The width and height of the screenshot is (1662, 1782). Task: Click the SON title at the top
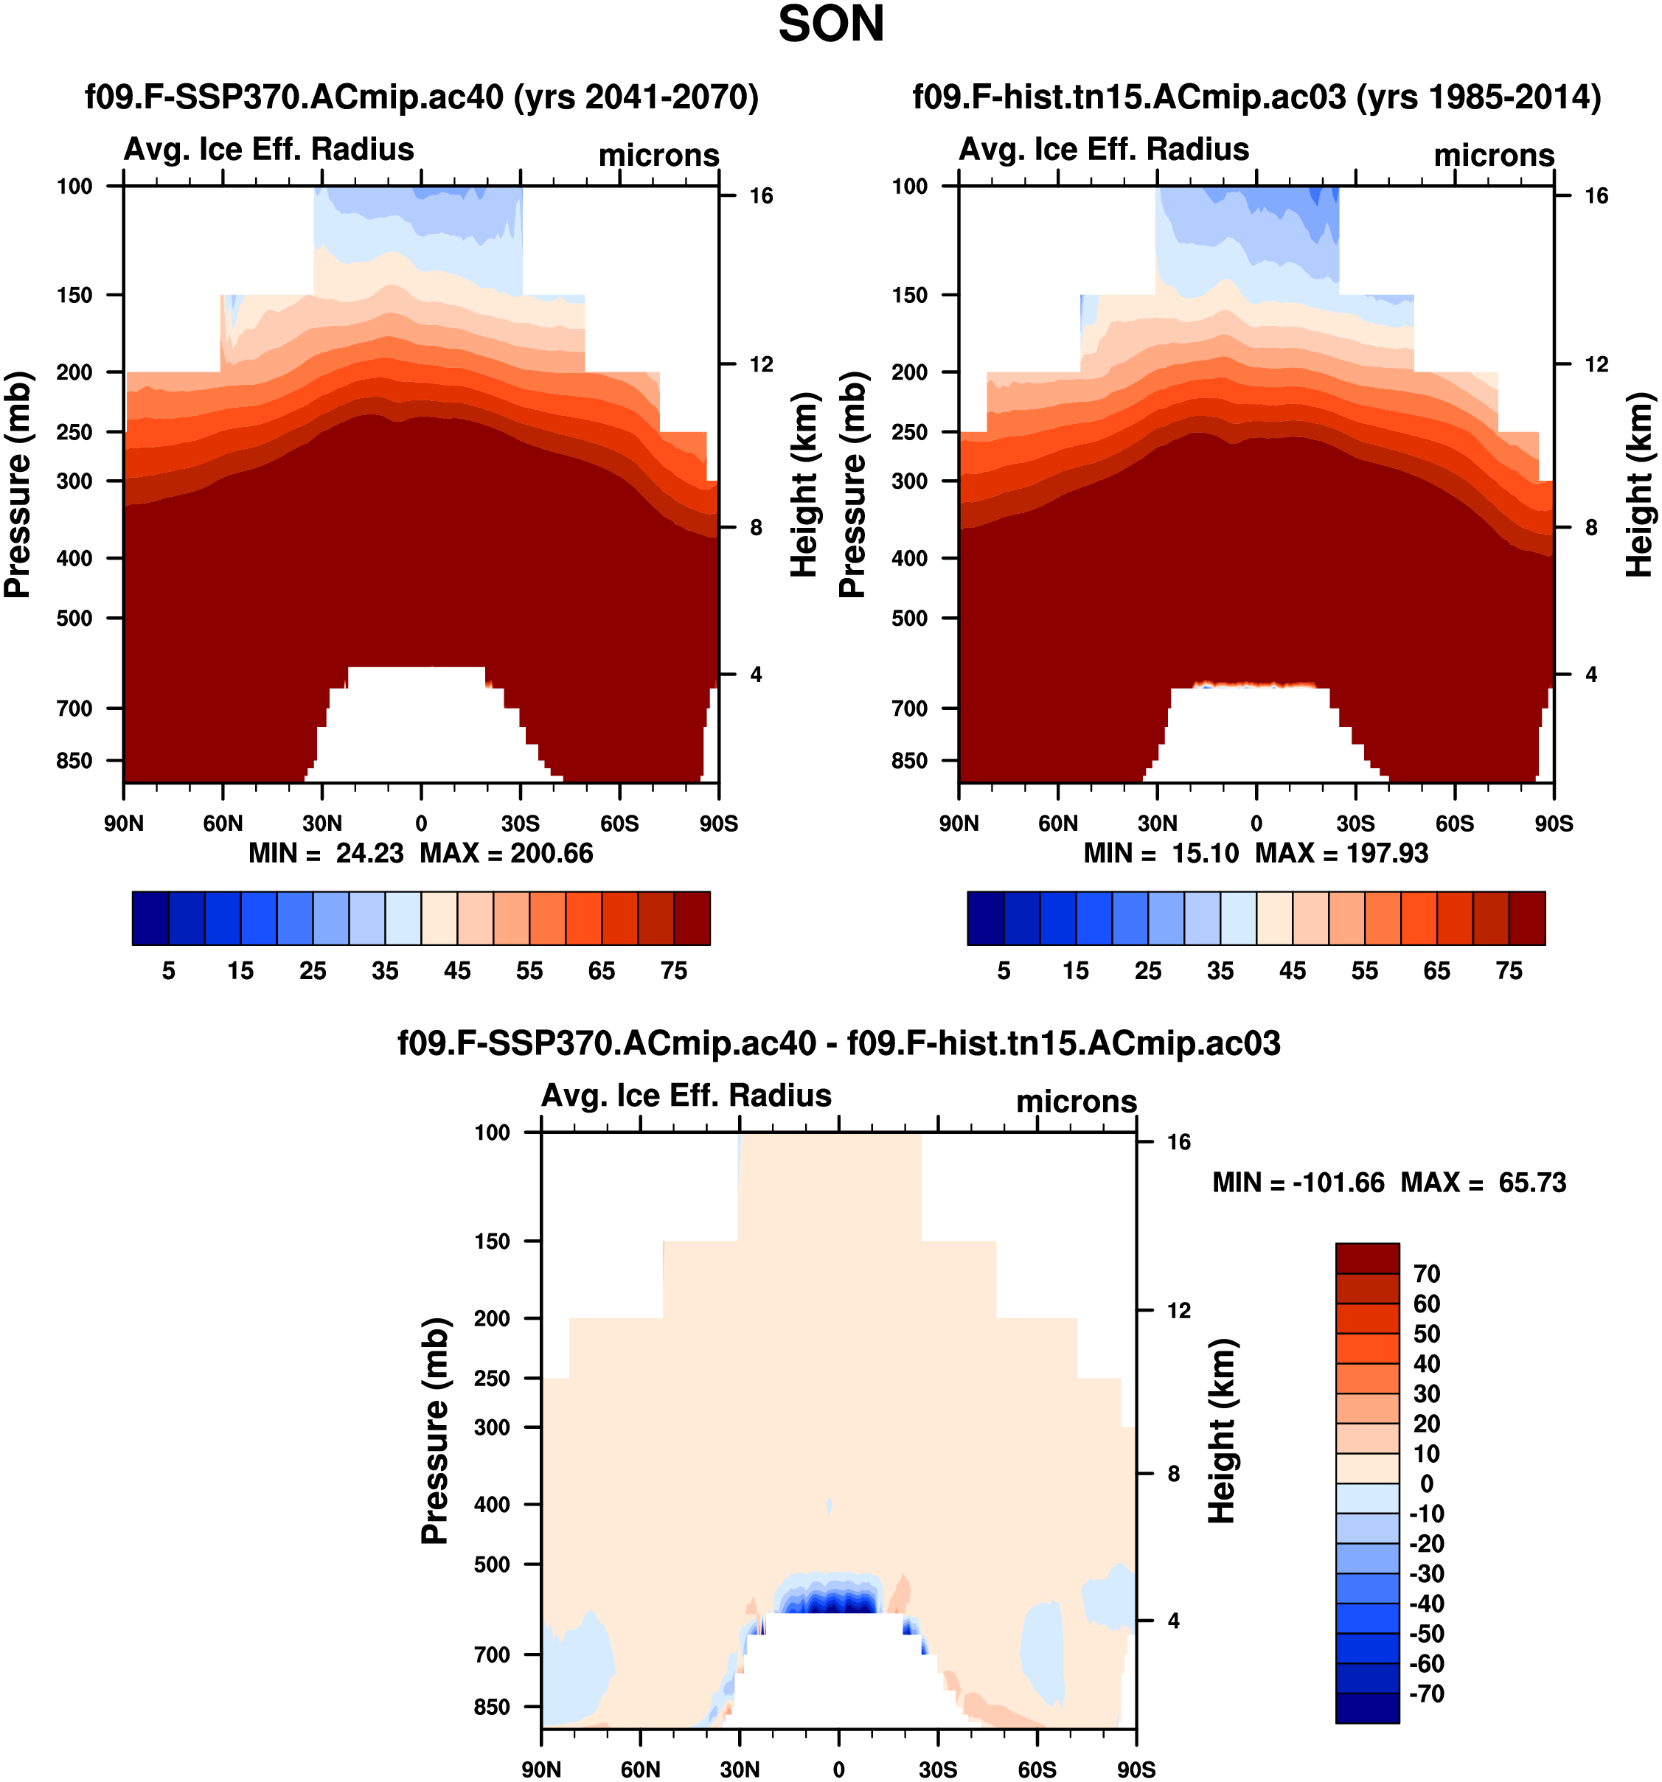(830, 25)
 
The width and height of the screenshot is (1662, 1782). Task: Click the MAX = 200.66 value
(507, 852)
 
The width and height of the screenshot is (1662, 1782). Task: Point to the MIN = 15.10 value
(1160, 852)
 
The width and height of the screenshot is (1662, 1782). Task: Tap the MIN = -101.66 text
(1297, 1183)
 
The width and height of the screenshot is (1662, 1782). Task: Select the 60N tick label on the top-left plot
(223, 823)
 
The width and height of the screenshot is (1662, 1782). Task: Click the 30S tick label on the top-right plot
(1355, 823)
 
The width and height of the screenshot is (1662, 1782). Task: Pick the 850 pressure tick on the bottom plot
(492, 1707)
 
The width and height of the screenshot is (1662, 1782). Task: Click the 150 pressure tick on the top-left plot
(74, 295)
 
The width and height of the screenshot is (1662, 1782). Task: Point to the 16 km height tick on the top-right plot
(1596, 196)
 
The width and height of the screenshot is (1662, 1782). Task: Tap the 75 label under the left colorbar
(673, 971)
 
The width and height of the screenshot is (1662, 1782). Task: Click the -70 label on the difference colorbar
(1426, 1694)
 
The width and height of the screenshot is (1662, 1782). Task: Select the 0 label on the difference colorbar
(1426, 1483)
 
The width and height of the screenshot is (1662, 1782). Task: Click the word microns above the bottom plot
(1076, 1101)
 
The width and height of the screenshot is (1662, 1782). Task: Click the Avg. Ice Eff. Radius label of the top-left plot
(269, 149)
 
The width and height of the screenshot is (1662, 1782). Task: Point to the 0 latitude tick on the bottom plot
(838, 1769)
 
